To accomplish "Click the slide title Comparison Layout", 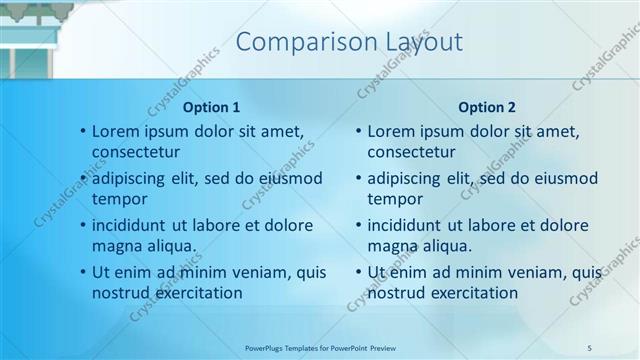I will pos(349,42).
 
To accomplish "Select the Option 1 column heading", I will pos(211,107).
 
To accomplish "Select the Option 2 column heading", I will pos(486,107).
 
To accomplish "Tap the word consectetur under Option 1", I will pos(136,152).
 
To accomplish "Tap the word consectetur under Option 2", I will pos(411,152).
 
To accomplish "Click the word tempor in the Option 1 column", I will pos(120,199).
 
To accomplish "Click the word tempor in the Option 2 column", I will pos(395,199).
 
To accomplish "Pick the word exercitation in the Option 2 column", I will pos(469,293).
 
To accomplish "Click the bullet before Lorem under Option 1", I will pos(82,132).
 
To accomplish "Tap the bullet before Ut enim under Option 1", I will pos(82,273).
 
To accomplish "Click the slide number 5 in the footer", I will pos(589,347).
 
